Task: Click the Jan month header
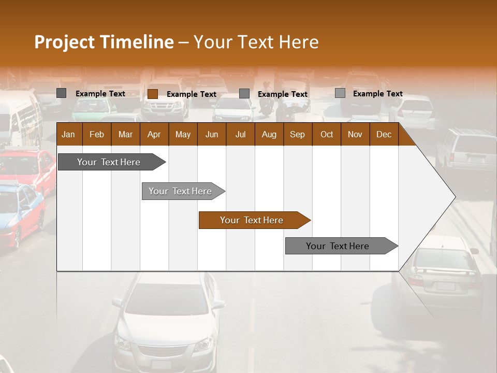pos(68,134)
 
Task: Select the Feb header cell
pos(97,134)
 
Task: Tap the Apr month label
pos(154,134)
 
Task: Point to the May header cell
pos(183,134)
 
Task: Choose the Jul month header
pos(240,134)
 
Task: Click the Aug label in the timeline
pos(269,134)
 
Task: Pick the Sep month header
pos(297,134)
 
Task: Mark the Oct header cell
pos(327,134)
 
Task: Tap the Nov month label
pos(355,134)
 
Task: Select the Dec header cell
pos(384,134)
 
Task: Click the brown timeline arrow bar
pos(254,220)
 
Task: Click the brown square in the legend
pos(153,94)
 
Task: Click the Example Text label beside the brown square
pos(192,94)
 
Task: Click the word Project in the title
pos(64,42)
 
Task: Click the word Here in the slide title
pos(299,42)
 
